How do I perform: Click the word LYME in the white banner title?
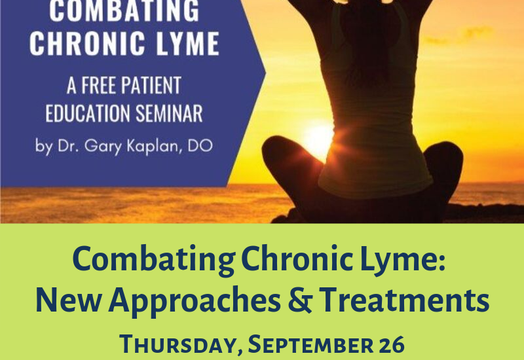coord(188,43)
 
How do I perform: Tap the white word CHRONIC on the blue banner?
coord(87,43)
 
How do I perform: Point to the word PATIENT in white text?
coord(151,85)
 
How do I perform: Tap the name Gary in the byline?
coord(103,146)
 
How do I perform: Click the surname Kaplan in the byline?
coord(155,146)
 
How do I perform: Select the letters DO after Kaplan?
coord(200,145)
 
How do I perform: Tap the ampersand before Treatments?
coord(300,300)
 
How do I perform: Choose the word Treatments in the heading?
coord(404,300)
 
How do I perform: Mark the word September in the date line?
coord(310,345)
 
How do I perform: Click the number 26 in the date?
coord(391,345)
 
